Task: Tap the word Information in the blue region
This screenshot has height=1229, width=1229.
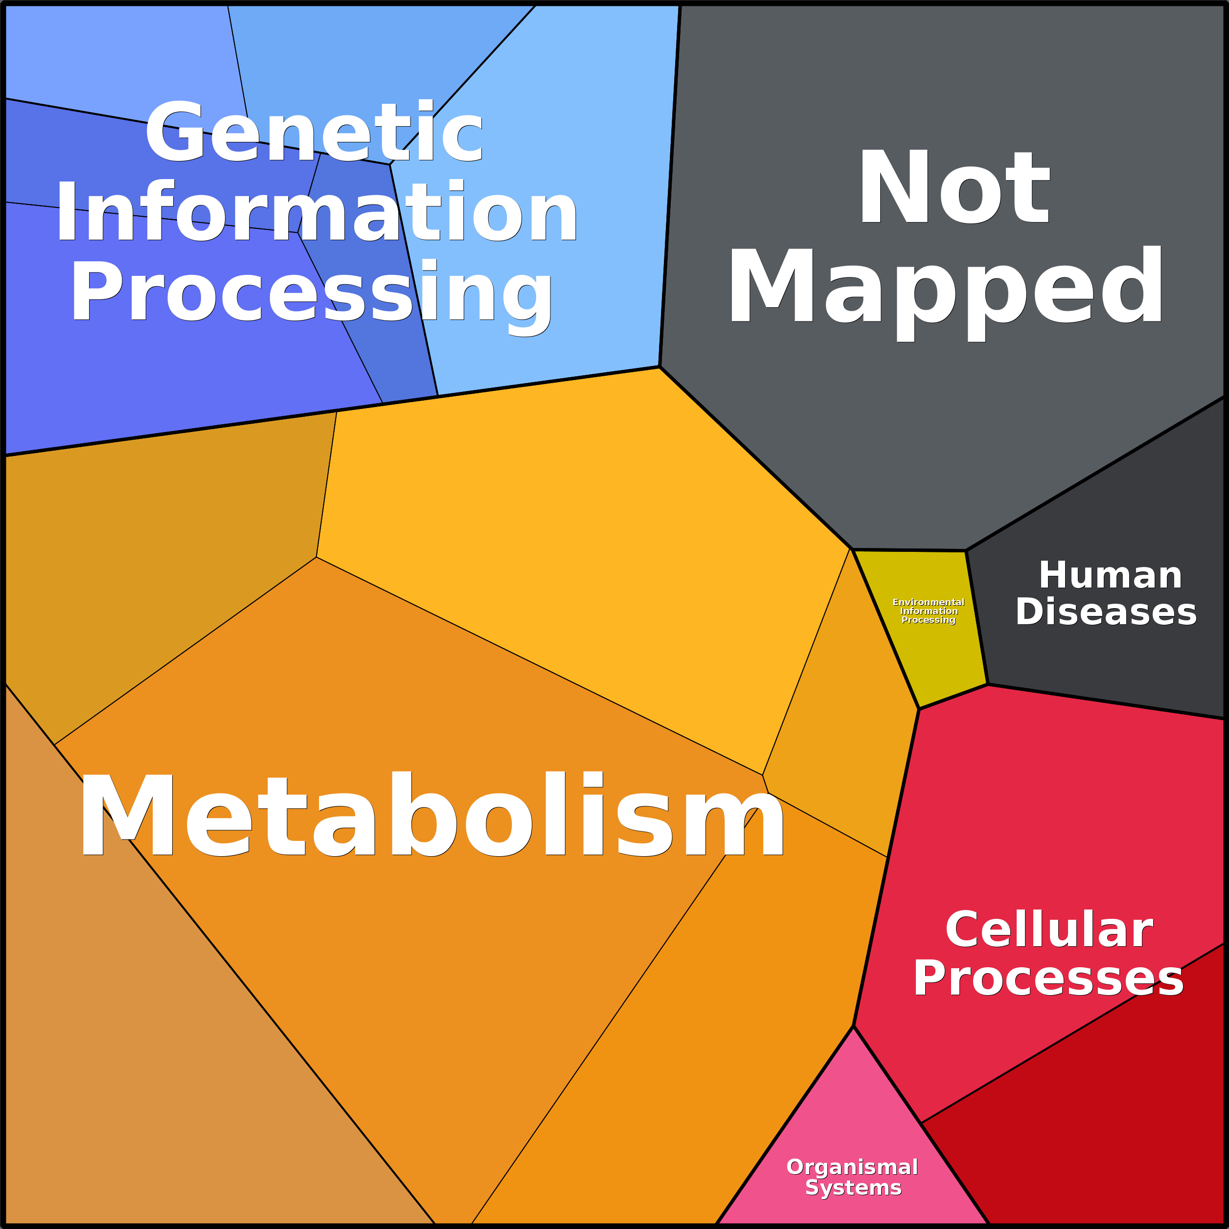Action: (316, 212)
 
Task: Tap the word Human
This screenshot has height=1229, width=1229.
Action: (1110, 576)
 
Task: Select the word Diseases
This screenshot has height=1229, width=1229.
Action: (1106, 612)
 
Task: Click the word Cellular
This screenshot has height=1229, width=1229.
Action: (1049, 930)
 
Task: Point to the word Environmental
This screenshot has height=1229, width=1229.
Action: (928, 602)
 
